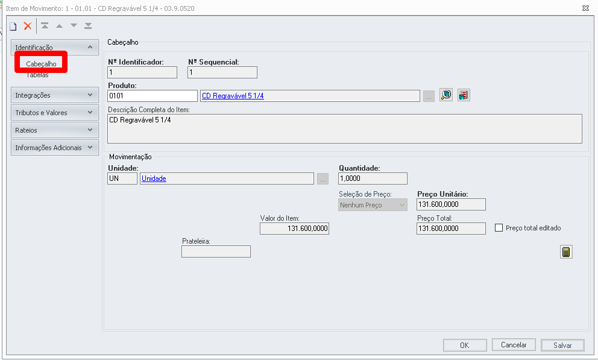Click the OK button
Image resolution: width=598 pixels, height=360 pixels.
pos(465,345)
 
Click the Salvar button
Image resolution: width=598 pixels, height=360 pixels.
pos(562,345)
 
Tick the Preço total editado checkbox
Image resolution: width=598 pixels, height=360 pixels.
pos(499,228)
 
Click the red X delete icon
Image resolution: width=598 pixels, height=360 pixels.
pos(28,26)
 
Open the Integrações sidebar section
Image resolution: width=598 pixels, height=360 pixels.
pos(54,95)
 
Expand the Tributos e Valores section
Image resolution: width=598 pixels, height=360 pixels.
pos(54,113)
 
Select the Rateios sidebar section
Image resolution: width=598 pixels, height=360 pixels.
pos(54,130)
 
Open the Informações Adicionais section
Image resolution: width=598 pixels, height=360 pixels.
pos(54,148)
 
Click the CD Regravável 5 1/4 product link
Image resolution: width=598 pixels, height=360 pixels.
pos(233,96)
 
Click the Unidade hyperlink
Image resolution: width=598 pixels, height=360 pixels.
pos(154,178)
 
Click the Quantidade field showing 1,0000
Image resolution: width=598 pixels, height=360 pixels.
pos(373,178)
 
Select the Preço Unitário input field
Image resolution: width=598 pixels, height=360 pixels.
pos(451,204)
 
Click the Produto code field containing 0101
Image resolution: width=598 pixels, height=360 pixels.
pos(153,96)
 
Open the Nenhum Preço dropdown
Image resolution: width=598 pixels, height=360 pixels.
pos(373,205)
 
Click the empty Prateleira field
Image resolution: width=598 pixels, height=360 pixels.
pos(216,251)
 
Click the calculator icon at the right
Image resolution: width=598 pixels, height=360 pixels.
pos(566,251)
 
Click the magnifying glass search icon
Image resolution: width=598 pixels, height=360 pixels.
pos(446,95)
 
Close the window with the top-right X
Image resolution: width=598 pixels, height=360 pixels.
pos(586,8)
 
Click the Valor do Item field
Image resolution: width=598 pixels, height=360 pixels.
pos(294,229)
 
